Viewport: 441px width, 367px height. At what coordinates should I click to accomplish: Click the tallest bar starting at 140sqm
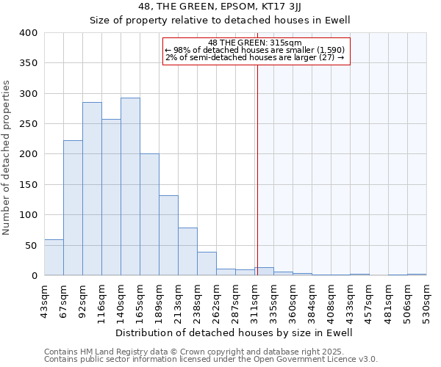pyautogui.click(x=130, y=187)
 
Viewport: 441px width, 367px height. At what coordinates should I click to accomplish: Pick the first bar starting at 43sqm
pyautogui.click(x=54, y=258)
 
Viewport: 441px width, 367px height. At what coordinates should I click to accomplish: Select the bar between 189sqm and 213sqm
pyautogui.click(x=168, y=236)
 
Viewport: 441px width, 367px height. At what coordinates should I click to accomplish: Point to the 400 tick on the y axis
pyautogui.click(x=28, y=33)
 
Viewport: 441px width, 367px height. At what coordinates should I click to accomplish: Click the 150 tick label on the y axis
pyautogui.click(x=28, y=185)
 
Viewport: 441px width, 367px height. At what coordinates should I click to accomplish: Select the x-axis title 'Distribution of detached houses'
pyautogui.click(x=234, y=333)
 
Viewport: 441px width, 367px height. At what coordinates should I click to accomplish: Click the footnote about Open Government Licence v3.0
pyautogui.click(x=211, y=360)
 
